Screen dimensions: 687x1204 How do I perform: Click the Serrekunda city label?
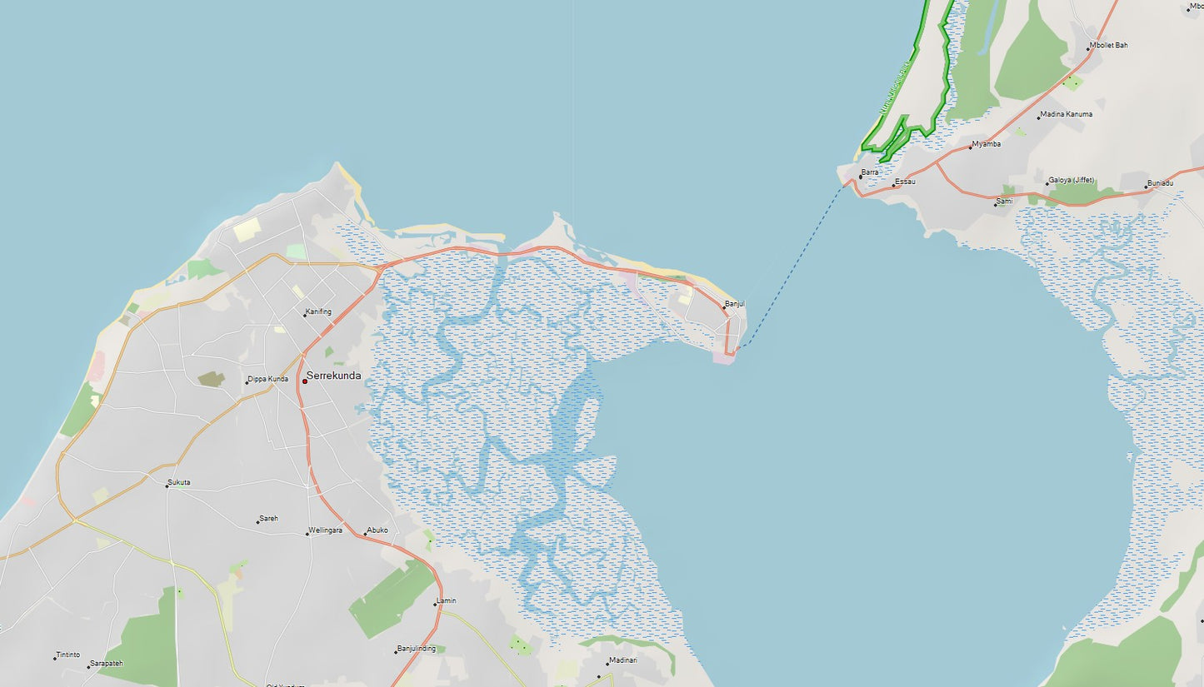click(x=334, y=376)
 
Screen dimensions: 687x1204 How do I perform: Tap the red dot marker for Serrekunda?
click(x=305, y=381)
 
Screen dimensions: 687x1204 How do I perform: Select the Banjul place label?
click(x=735, y=304)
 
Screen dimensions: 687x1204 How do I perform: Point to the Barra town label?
click(x=870, y=172)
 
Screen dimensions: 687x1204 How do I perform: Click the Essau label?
click(x=905, y=181)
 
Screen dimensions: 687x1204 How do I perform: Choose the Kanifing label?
click(x=318, y=311)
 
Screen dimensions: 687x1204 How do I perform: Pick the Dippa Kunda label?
click(x=268, y=379)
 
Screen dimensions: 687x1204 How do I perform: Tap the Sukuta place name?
click(x=179, y=482)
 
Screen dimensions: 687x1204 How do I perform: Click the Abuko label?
click(x=377, y=530)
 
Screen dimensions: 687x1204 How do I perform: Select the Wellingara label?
click(x=325, y=530)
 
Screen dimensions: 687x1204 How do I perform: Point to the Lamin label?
click(x=447, y=600)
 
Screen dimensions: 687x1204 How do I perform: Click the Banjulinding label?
click(x=417, y=649)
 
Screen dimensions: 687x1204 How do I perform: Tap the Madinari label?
click(x=623, y=660)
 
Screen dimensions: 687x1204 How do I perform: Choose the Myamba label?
click(x=987, y=144)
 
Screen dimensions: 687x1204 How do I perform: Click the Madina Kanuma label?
click(x=1067, y=114)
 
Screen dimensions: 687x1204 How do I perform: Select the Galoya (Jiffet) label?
click(x=1072, y=180)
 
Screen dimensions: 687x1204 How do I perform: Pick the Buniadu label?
click(x=1160, y=182)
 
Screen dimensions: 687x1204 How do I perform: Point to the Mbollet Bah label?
click(x=1109, y=45)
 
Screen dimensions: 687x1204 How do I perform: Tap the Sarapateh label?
click(x=107, y=664)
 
